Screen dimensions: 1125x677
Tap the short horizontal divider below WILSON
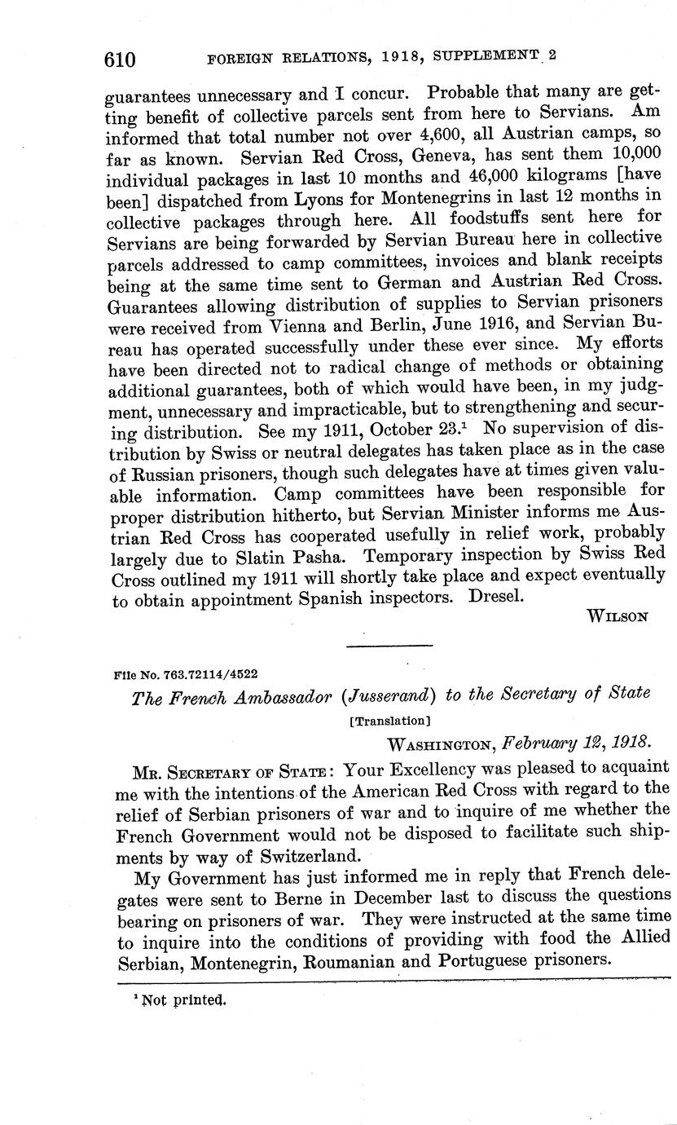tap(389, 646)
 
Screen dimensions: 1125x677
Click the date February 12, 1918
tap(577, 743)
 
